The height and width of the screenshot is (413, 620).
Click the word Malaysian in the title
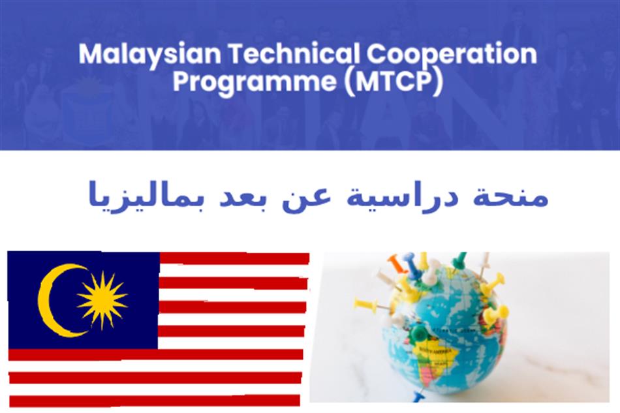(150, 55)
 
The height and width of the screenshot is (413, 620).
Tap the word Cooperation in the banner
(452, 55)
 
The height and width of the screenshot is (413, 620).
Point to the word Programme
(255, 83)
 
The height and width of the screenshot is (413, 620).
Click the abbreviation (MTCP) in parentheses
(394, 82)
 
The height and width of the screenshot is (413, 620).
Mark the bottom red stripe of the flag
(155, 401)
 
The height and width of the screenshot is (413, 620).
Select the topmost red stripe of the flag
(234, 258)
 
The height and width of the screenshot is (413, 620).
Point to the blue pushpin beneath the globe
(418, 396)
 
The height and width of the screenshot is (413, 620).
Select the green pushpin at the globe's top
(460, 259)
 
